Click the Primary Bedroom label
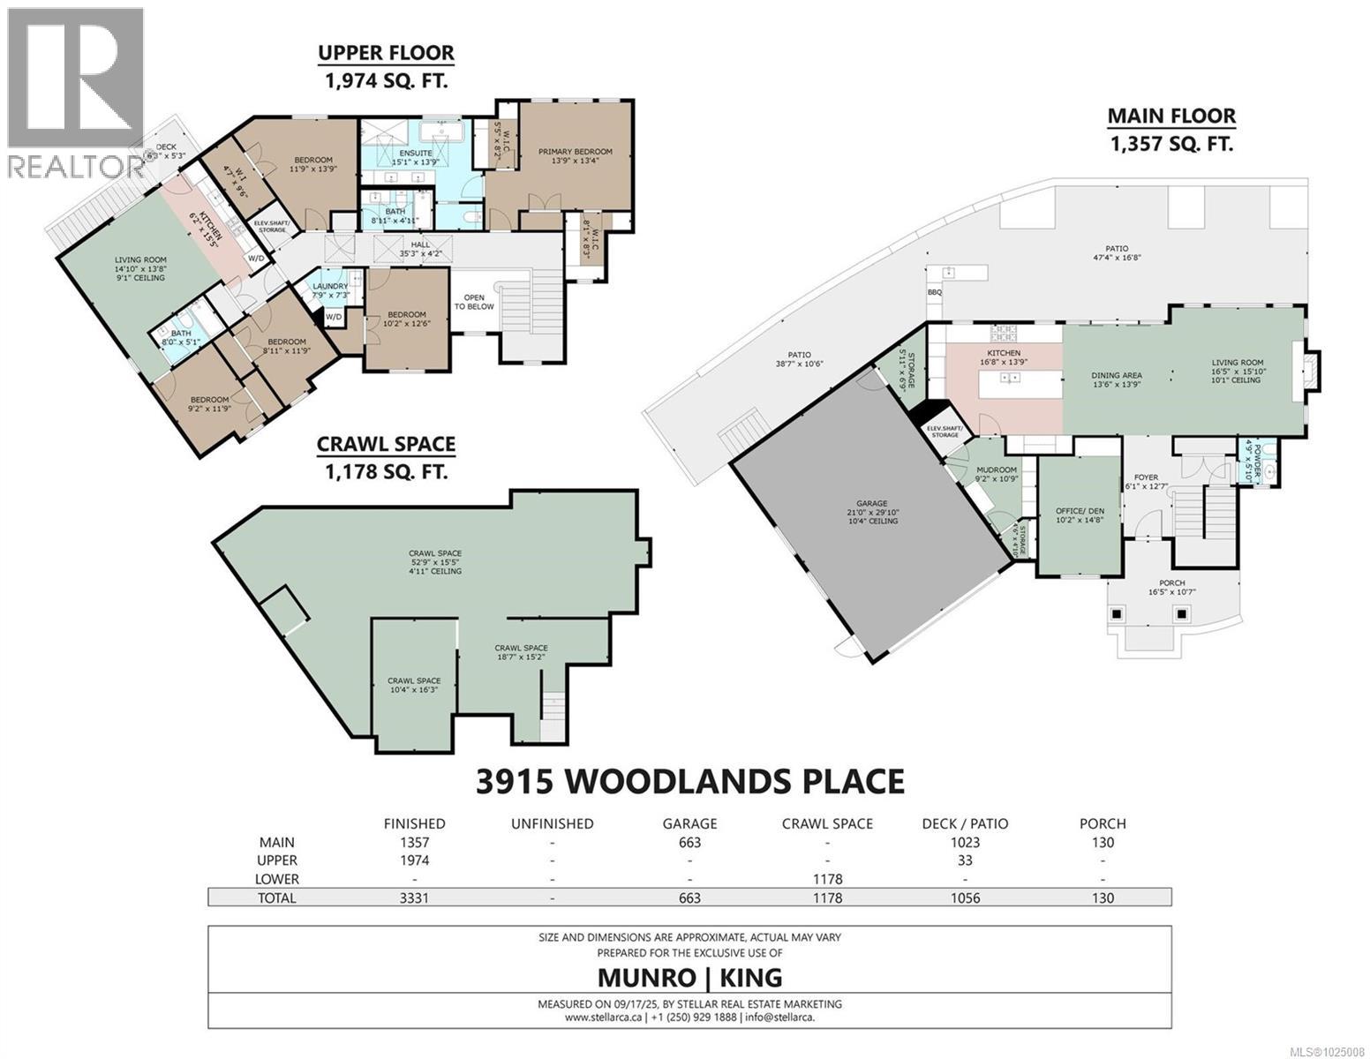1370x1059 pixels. click(x=575, y=152)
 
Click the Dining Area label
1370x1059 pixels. click(x=1117, y=375)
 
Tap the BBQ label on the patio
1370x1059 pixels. click(x=934, y=292)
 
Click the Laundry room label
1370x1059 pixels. click(x=329, y=285)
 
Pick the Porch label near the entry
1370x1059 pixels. click(x=1171, y=582)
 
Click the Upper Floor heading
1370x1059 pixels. click(x=386, y=53)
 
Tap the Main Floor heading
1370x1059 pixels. click(x=1171, y=116)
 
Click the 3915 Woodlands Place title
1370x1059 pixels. click(x=689, y=781)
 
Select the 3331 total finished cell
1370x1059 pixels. click(x=414, y=898)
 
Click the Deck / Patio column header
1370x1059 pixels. click(x=965, y=823)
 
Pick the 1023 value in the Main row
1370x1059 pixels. click(x=965, y=842)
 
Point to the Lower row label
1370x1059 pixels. click(x=276, y=879)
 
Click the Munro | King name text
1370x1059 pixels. click(x=689, y=977)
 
